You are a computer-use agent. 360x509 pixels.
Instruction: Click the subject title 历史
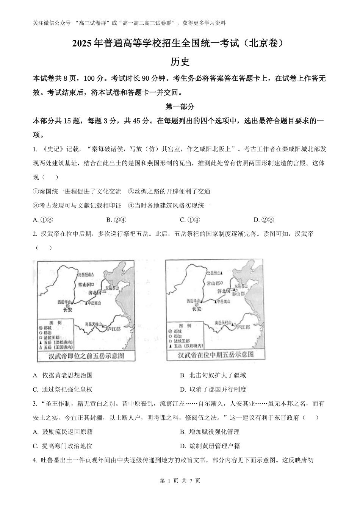[x=180, y=62]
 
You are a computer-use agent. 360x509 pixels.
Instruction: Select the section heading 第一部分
[x=180, y=107]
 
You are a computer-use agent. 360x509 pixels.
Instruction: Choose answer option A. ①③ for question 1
[x=43, y=220]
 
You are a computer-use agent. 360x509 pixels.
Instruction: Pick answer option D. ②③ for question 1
[x=264, y=220]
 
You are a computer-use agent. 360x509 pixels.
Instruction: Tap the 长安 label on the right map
[x=196, y=309]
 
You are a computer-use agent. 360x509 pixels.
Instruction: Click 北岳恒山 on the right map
[x=213, y=273]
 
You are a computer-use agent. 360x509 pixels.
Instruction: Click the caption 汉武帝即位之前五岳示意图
[x=86, y=356]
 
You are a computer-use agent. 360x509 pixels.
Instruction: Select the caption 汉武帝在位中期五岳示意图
[x=216, y=355]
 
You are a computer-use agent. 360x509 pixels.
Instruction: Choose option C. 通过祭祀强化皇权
[x=63, y=389]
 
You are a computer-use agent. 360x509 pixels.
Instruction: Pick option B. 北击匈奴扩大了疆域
[x=213, y=375]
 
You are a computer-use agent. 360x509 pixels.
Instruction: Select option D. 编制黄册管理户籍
[x=210, y=446]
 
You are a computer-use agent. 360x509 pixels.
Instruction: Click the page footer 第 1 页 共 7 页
[x=180, y=481]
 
